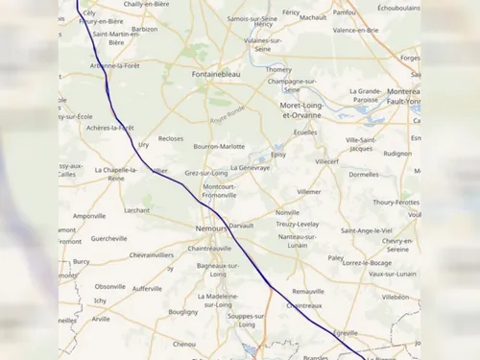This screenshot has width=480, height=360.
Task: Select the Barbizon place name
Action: [x=145, y=30]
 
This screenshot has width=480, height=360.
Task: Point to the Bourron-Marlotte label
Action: [x=219, y=147]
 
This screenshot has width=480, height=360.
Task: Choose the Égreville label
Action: [x=346, y=332]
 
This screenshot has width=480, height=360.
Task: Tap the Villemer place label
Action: [x=309, y=192]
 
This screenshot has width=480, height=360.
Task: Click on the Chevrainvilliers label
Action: [x=152, y=255]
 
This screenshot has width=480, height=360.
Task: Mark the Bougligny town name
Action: [x=182, y=312]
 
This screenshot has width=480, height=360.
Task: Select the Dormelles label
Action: [x=364, y=175]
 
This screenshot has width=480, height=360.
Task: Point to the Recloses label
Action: [x=171, y=138]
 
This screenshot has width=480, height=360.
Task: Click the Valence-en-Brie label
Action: [x=353, y=30]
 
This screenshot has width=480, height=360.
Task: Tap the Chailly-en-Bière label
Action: [x=147, y=5]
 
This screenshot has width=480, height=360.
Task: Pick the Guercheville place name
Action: [x=108, y=238]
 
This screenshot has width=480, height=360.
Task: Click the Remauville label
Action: [x=308, y=290]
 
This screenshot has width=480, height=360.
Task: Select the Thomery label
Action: [x=278, y=69]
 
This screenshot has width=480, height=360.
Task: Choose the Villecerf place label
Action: [x=327, y=161]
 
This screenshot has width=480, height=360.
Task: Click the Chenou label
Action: [x=184, y=344]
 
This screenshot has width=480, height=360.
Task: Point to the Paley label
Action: [x=335, y=257]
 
